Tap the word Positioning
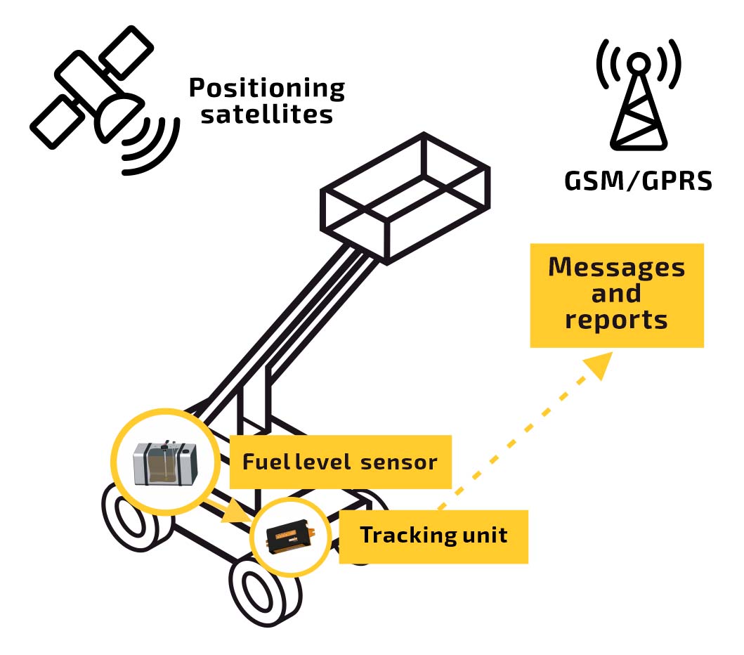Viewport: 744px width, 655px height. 267,89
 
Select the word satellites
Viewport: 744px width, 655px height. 267,114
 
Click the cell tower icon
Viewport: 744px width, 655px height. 637,102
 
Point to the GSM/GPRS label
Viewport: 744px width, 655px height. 638,181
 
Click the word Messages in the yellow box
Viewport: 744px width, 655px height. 616,268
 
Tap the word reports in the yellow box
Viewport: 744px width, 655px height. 616,320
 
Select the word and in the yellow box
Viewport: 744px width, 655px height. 616,293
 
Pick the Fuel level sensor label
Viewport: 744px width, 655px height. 340,462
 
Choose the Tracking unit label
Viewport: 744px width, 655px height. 433,536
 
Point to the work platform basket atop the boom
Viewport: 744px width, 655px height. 405,199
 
